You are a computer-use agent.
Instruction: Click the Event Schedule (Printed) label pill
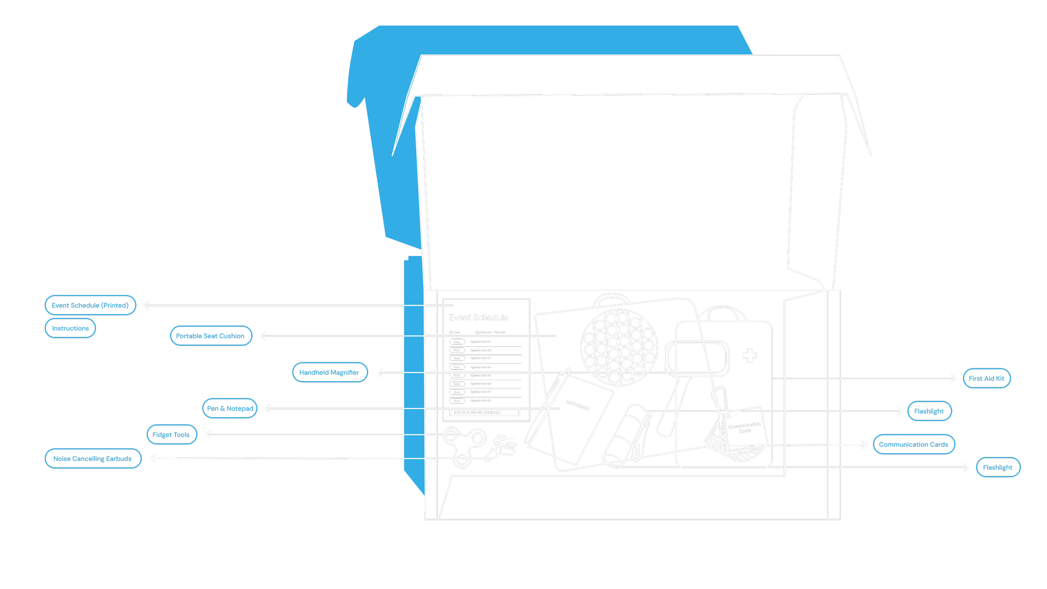[x=90, y=305]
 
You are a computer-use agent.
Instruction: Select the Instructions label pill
[x=70, y=328]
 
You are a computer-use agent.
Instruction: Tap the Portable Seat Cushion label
[x=211, y=336]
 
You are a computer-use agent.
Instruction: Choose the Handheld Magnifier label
[x=330, y=372]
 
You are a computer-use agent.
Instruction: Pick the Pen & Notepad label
[x=230, y=408]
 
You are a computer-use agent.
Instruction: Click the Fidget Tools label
[x=171, y=435]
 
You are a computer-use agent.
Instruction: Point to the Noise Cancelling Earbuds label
[x=93, y=459]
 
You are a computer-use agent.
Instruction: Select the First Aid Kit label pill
[x=986, y=379]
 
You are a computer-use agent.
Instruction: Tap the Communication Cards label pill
[x=913, y=444]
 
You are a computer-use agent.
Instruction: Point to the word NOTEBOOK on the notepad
[x=578, y=406]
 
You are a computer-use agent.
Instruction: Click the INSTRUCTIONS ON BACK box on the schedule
[x=485, y=412]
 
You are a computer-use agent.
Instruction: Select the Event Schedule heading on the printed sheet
[x=478, y=318]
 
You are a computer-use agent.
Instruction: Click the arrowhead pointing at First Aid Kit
[x=953, y=379]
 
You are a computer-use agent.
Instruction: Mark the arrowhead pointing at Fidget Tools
[x=208, y=435]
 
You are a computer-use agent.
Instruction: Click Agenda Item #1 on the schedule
[x=480, y=342]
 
